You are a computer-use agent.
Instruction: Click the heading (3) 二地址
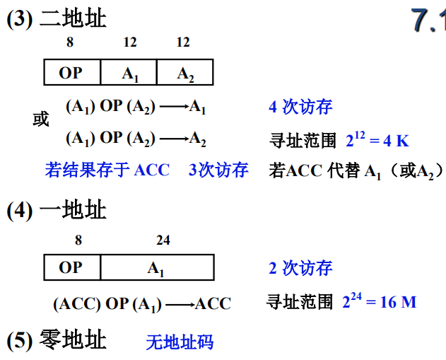57,19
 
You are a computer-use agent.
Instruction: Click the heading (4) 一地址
57,210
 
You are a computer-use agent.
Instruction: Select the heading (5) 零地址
57,340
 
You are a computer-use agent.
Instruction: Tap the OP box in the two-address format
71,73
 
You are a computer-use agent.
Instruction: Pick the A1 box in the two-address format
128,73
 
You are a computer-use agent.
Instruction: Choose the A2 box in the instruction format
184,73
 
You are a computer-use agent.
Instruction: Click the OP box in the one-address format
71,267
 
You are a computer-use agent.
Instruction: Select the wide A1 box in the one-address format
156,267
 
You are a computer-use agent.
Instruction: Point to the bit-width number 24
163,240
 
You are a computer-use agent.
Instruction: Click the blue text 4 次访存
300,108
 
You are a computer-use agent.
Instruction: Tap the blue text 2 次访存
300,268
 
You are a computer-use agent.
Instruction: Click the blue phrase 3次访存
218,170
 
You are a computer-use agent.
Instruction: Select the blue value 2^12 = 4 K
377,139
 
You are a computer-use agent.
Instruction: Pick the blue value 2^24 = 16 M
379,301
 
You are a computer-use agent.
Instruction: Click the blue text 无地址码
180,343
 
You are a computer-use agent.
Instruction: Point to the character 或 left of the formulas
41,120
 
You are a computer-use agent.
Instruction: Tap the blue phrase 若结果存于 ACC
107,170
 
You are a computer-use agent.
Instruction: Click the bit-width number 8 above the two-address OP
69,42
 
